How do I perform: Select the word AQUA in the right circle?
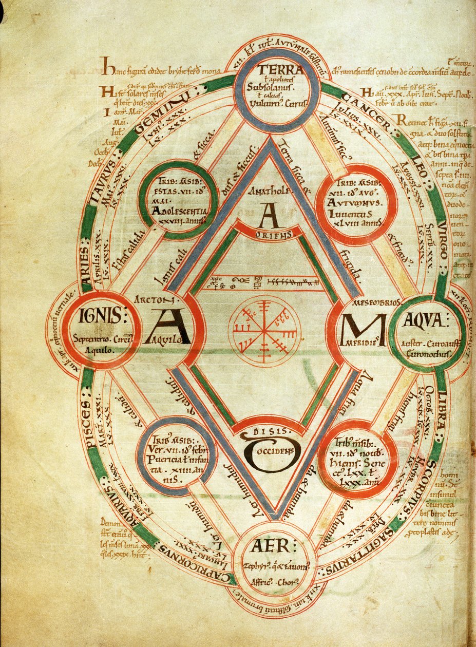423,321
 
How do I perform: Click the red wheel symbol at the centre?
266,329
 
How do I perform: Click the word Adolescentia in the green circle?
179,211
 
